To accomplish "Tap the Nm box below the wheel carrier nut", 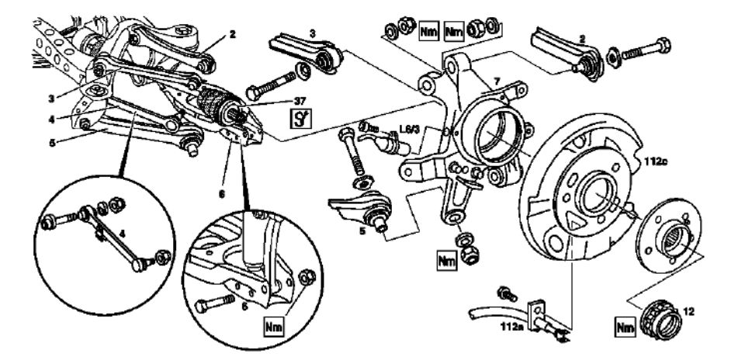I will [446, 261].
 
